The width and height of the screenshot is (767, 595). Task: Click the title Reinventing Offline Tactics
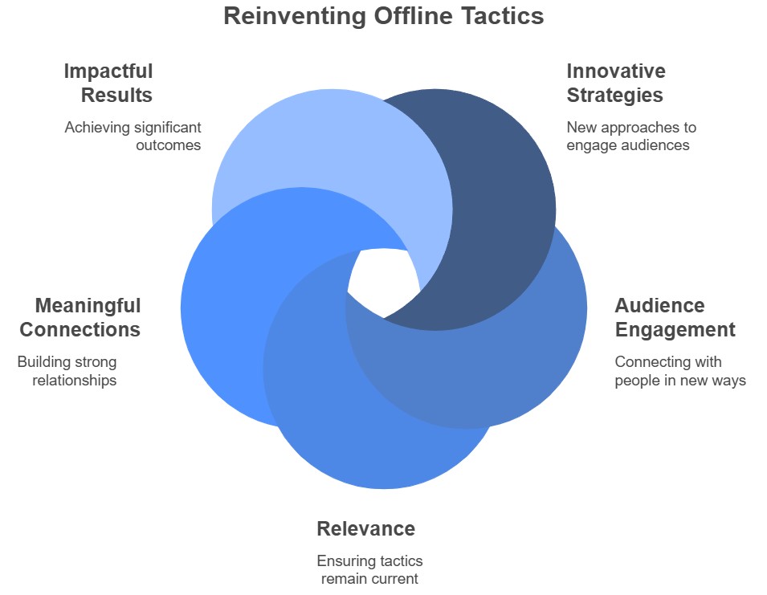tap(383, 16)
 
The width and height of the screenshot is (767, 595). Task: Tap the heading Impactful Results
tap(108, 83)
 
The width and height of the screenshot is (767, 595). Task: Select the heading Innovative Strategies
tap(616, 83)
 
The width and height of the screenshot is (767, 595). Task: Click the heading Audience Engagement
tap(675, 317)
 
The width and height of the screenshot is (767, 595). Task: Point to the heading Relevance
tap(365, 528)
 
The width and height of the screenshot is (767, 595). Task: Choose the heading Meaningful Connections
tap(80, 317)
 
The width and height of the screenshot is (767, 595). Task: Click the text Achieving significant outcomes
tap(133, 136)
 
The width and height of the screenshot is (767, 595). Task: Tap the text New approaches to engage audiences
tap(631, 136)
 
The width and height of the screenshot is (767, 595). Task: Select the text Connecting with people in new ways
tap(680, 371)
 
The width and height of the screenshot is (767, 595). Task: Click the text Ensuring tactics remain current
tap(369, 569)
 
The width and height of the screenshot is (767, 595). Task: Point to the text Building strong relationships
tap(67, 371)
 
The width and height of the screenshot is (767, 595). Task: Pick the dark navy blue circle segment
tap(498, 201)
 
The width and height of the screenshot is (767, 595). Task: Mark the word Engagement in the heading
tap(675, 329)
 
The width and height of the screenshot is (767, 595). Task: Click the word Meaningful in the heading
tap(88, 306)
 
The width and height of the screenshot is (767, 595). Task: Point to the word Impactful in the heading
tap(108, 71)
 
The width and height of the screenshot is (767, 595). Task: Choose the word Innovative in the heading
tap(616, 71)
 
